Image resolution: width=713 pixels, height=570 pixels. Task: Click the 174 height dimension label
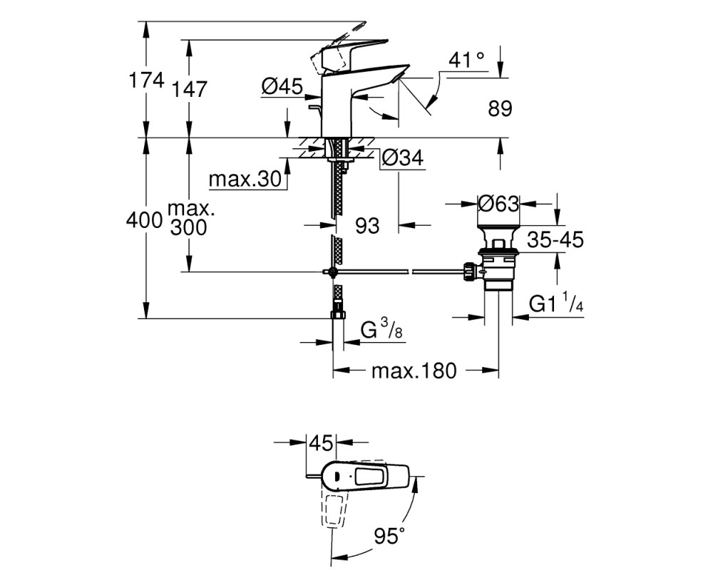tap(146, 81)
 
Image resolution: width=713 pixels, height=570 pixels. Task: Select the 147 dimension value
tap(189, 89)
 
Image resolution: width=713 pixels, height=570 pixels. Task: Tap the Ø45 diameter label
tap(282, 86)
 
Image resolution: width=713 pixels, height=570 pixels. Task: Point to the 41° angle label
tap(466, 60)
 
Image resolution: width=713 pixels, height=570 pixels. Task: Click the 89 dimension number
tap(501, 108)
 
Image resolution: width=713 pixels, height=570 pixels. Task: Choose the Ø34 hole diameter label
tap(403, 157)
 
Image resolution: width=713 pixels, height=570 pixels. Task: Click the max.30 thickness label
tap(245, 180)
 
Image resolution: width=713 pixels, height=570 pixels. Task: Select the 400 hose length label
tap(145, 221)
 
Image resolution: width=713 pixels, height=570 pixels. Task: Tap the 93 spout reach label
tap(367, 225)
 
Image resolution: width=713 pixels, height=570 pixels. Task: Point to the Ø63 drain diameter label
tap(499, 204)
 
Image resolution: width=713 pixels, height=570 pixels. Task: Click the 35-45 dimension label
tap(555, 239)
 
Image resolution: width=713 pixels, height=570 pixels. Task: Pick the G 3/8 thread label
tap(381, 330)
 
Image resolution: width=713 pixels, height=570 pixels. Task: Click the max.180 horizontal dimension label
tap(414, 371)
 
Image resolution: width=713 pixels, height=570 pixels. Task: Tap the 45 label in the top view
tap(321, 442)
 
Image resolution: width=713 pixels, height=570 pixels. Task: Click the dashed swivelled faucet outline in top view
tap(335, 508)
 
